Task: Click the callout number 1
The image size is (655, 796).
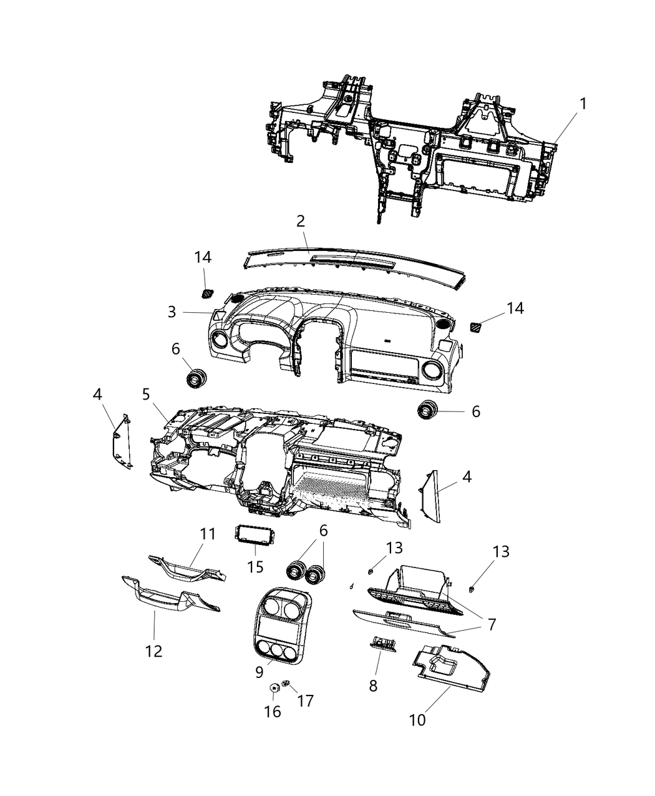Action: tap(583, 104)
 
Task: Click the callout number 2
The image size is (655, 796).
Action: tap(301, 220)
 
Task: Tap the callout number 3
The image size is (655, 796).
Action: tap(172, 312)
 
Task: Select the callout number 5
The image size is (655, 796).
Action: tap(146, 394)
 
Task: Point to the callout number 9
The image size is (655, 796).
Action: tap(258, 672)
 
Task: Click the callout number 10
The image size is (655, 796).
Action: tap(417, 719)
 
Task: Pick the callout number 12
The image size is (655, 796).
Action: tap(153, 651)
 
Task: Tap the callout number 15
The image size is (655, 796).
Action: tap(255, 567)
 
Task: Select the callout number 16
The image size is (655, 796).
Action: tap(273, 711)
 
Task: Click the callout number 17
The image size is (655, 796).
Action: tap(305, 700)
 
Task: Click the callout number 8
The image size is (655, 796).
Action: tap(373, 685)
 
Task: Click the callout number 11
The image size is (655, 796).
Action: tap(207, 534)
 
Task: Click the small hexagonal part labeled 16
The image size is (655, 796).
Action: tap(273, 688)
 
